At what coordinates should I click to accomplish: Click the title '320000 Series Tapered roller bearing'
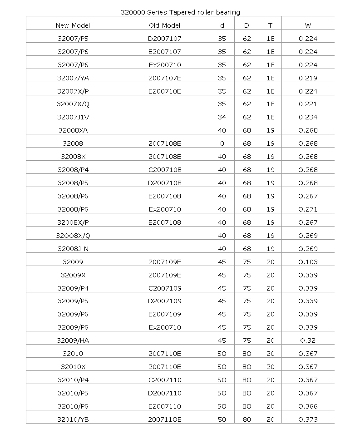[180, 12]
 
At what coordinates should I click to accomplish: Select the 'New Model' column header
[73, 25]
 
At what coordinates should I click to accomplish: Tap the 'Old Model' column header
[164, 25]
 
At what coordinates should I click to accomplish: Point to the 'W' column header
[308, 25]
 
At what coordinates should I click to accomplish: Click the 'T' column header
[271, 25]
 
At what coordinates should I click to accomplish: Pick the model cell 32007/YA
[73, 78]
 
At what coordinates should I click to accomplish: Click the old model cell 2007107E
[164, 78]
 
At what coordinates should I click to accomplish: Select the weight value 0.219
[308, 78]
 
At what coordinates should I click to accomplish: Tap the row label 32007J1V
[73, 117]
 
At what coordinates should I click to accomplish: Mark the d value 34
[222, 117]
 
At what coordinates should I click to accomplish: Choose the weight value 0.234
[308, 117]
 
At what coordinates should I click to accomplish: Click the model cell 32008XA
[73, 130]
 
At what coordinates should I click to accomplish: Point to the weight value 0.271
[308, 209]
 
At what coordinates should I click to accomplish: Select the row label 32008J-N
[73, 249]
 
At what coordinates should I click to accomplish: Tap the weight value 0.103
[308, 262]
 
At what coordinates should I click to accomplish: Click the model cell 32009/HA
[73, 340]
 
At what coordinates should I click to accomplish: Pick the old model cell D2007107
[164, 39]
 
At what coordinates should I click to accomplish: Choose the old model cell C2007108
[164, 170]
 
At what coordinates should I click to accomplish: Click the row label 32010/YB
[73, 419]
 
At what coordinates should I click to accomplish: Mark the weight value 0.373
[308, 419]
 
